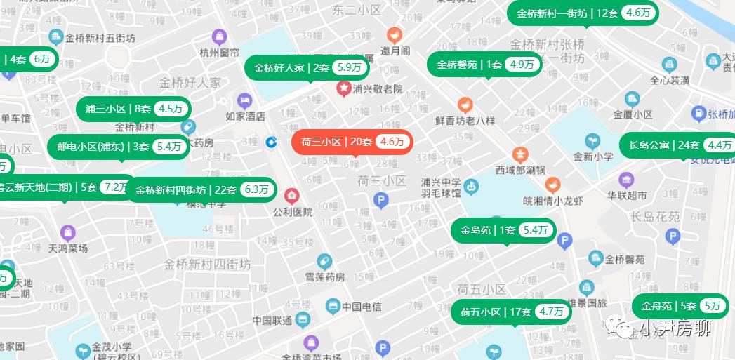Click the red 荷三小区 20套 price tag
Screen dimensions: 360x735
[x=352, y=142]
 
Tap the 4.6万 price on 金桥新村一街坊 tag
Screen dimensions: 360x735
[x=638, y=13]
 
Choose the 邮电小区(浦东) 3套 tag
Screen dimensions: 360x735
[x=118, y=147]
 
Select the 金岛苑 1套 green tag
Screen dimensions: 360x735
[x=503, y=230]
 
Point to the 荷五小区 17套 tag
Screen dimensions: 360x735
[x=510, y=312]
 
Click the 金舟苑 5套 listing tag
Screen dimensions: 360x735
[x=681, y=306]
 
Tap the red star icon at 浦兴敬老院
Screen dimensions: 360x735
[x=344, y=88]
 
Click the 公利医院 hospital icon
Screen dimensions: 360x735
[x=291, y=196]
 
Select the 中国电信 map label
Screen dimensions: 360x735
[x=362, y=307]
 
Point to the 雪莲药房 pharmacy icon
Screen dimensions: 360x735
[x=324, y=261]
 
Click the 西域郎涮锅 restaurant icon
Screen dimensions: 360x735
[x=520, y=154]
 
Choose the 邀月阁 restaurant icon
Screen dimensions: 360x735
[x=395, y=34]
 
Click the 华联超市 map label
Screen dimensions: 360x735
[x=627, y=195]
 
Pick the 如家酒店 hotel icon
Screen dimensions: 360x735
[x=244, y=100]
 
